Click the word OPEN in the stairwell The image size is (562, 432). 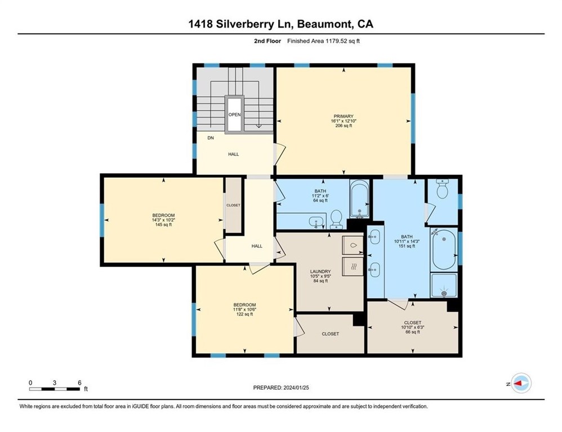coord(234,115)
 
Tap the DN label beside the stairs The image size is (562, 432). coord(211,138)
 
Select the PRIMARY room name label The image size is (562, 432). coord(342,116)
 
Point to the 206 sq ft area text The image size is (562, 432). coord(343,125)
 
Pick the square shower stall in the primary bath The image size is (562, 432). coord(444,286)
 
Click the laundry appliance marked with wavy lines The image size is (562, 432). coord(353,267)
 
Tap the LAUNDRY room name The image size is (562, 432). coord(320,271)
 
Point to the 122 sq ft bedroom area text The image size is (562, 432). coord(244,314)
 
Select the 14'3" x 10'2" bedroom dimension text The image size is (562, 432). coord(163,220)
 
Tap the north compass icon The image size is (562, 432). coord(521,383)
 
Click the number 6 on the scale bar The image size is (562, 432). coord(79,382)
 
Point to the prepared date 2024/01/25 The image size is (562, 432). coord(281,388)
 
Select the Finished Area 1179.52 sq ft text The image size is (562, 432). coord(328,40)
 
